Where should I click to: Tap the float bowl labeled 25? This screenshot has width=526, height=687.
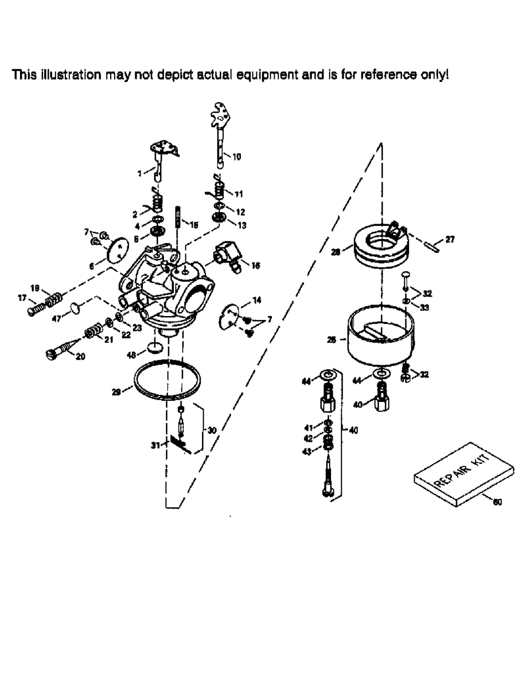coord(380,339)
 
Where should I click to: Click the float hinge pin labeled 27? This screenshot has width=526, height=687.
coord(431,245)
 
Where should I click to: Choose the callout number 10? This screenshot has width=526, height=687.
coord(236,157)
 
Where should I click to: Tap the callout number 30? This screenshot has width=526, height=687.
coord(212,430)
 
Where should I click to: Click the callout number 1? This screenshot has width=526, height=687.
coord(141,173)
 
